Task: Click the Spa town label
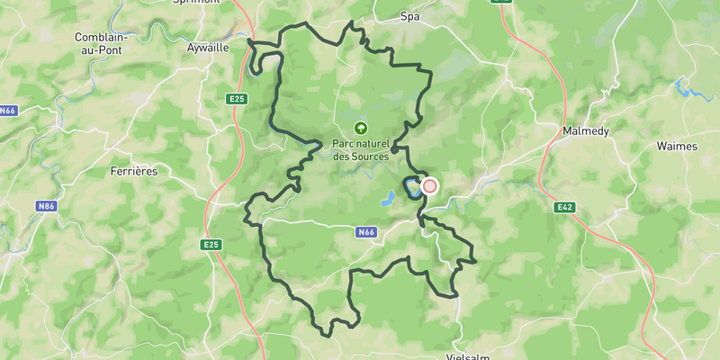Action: [410, 16]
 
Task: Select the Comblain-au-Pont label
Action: [102, 44]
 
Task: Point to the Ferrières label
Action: [134, 170]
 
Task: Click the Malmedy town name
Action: [586, 130]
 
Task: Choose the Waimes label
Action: [677, 145]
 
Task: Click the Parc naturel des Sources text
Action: [361, 149]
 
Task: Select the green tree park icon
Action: [361, 129]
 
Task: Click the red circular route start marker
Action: [430, 186]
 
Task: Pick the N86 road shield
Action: [47, 206]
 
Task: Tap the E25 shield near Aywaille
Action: [236, 96]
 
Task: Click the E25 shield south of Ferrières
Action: [211, 244]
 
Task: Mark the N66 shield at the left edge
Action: [8, 111]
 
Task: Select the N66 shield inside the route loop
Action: [365, 232]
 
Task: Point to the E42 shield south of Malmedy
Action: [565, 207]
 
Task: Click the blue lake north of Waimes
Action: [688, 90]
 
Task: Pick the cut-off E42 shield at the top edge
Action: [501, 2]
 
